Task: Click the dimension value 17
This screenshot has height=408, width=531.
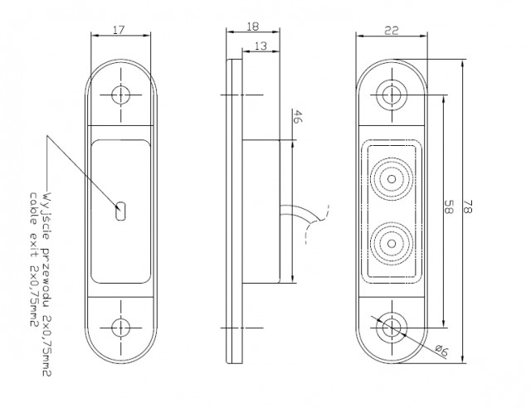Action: click(119, 30)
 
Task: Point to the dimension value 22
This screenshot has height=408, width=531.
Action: click(392, 30)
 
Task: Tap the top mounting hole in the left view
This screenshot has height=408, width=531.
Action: click(121, 94)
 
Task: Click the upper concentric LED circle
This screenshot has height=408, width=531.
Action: click(392, 177)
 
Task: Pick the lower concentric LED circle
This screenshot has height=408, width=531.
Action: click(392, 243)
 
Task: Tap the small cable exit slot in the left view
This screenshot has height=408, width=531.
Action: click(121, 211)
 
